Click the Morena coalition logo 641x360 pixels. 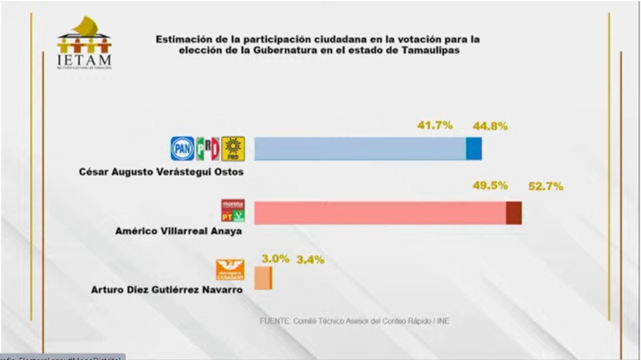[230, 211]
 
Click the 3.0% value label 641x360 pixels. [275, 258]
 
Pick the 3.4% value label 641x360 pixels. [310, 259]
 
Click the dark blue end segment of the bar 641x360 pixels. [474, 149]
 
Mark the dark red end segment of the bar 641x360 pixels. [514, 213]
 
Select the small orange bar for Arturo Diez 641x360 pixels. [263, 278]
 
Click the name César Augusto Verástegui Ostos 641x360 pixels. [162, 172]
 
